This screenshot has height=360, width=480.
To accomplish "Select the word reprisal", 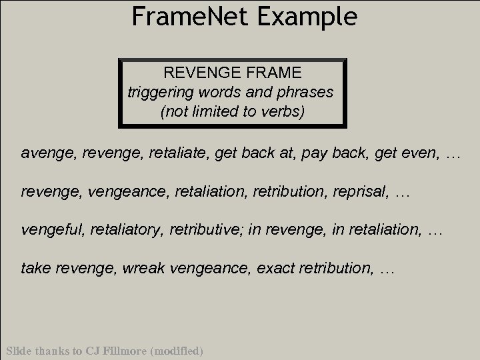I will [x=362, y=193].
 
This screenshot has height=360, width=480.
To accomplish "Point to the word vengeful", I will [x=48, y=231].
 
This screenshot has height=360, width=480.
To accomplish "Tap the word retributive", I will [x=208, y=231].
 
